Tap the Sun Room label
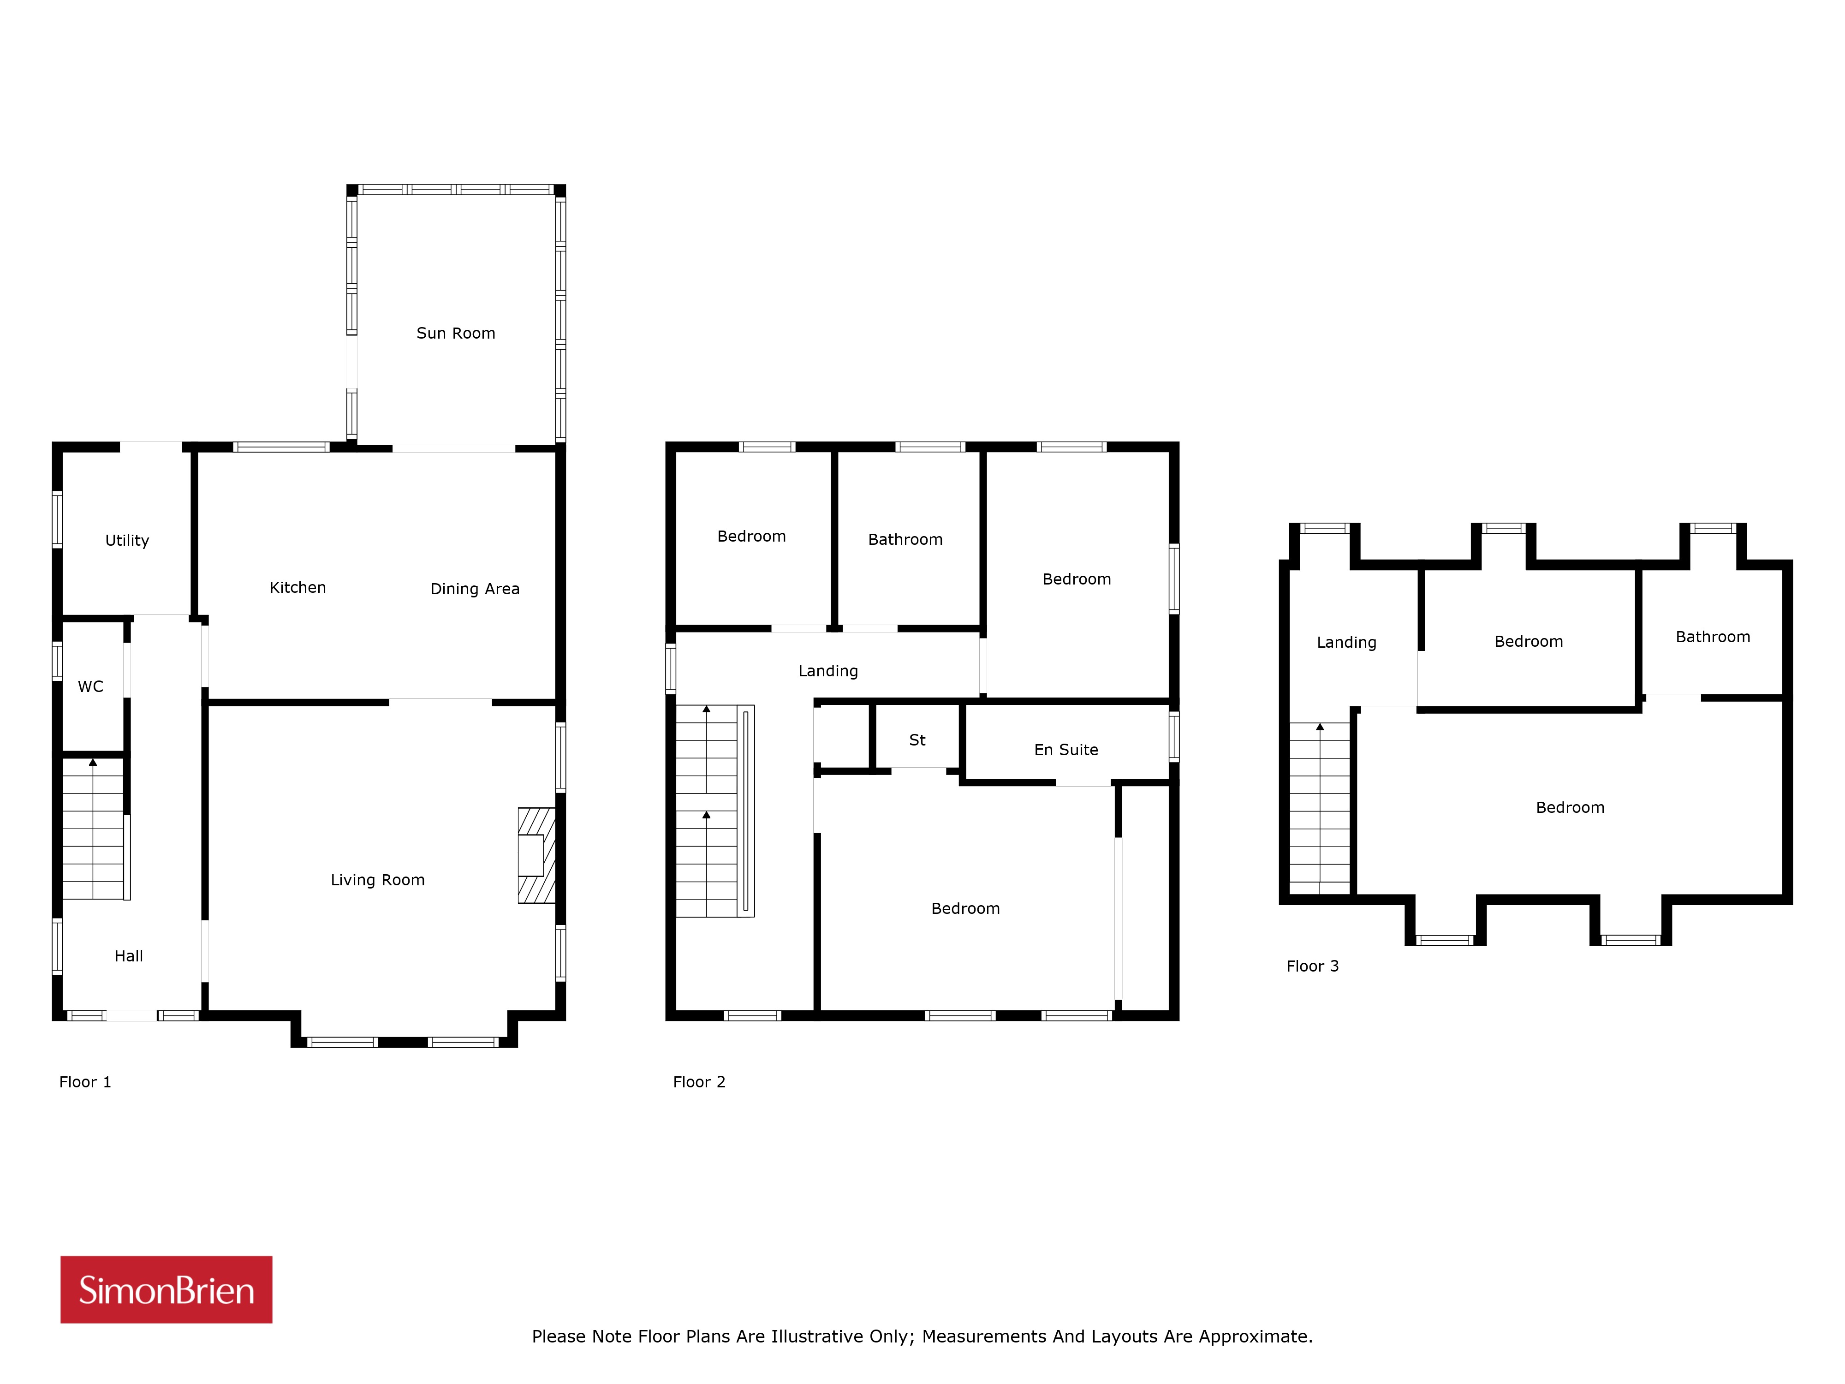(x=455, y=333)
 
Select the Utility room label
(x=127, y=541)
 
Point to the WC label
(x=90, y=686)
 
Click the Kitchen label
(x=298, y=587)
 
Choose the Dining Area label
(x=475, y=589)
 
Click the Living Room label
(x=378, y=880)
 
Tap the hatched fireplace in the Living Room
(x=536, y=855)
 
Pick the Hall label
(x=128, y=956)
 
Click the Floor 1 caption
(x=85, y=1082)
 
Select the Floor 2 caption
(x=699, y=1082)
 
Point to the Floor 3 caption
(x=1312, y=966)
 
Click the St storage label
(x=917, y=740)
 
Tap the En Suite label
(x=1066, y=750)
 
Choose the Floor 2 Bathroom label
(x=905, y=540)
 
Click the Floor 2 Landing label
(x=828, y=671)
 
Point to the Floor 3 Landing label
(x=1346, y=642)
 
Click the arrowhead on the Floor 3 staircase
(x=1320, y=727)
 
